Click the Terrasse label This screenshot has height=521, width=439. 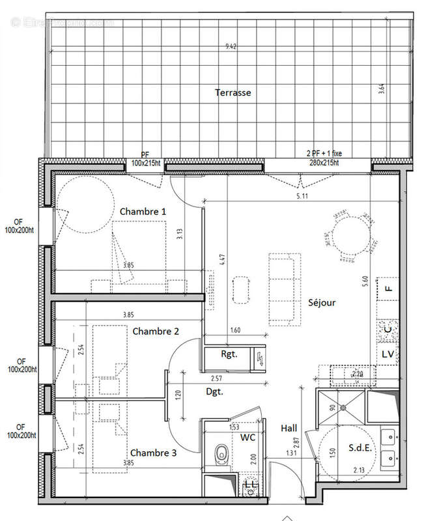[x=233, y=92]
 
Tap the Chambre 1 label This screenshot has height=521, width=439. [x=143, y=211]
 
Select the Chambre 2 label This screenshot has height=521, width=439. [x=156, y=331]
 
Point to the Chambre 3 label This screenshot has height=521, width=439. [x=153, y=453]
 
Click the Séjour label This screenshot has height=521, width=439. [x=322, y=303]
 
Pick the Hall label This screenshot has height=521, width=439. [x=289, y=428]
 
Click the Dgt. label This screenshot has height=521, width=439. [x=214, y=392]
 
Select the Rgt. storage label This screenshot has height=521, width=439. [x=229, y=355]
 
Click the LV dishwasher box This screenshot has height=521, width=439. [x=388, y=354]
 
